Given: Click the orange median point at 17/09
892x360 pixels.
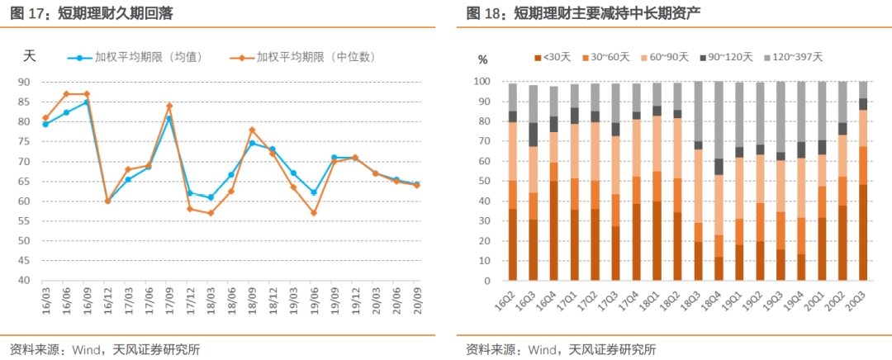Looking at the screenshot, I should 169,106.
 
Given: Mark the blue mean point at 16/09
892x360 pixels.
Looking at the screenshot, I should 87,102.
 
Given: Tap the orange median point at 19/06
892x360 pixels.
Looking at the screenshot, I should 313,213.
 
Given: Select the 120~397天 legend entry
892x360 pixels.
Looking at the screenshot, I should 793,57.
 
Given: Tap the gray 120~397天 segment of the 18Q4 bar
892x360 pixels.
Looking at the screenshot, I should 719,120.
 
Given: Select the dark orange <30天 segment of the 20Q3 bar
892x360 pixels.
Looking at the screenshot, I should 863,232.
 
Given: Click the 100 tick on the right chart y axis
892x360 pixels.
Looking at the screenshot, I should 482,82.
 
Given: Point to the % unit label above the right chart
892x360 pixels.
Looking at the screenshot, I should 483,59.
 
